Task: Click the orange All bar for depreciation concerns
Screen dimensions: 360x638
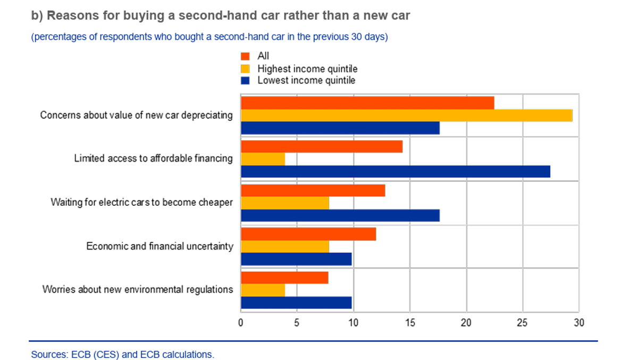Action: [x=367, y=103]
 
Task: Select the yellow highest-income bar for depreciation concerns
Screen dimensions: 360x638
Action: [x=406, y=115]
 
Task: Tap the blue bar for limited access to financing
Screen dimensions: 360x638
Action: [x=395, y=171]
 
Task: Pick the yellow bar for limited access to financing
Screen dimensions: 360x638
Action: [x=263, y=159]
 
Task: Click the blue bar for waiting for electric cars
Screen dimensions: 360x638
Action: [x=340, y=215]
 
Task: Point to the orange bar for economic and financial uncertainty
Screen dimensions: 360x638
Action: [x=308, y=234]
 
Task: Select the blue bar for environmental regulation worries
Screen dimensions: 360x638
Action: [x=296, y=303]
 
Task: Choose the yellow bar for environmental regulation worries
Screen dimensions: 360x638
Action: [x=263, y=290]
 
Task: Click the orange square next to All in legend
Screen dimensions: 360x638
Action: [x=245, y=56]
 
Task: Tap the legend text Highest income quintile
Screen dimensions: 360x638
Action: [x=307, y=69]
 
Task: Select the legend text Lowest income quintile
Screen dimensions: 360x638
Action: [x=306, y=81]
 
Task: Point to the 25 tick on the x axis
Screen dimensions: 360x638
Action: [x=523, y=323]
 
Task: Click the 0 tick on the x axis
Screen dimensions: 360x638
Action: [x=241, y=323]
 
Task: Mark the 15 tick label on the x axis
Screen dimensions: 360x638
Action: [x=410, y=323]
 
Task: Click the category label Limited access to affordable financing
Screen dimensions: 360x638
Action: [x=153, y=158]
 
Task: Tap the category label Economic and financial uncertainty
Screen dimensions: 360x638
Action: [x=159, y=246]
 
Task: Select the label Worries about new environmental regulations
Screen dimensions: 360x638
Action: [x=138, y=290]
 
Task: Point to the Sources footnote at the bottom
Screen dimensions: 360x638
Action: [x=123, y=354]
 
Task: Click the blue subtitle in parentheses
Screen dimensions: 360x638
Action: [x=209, y=37]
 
